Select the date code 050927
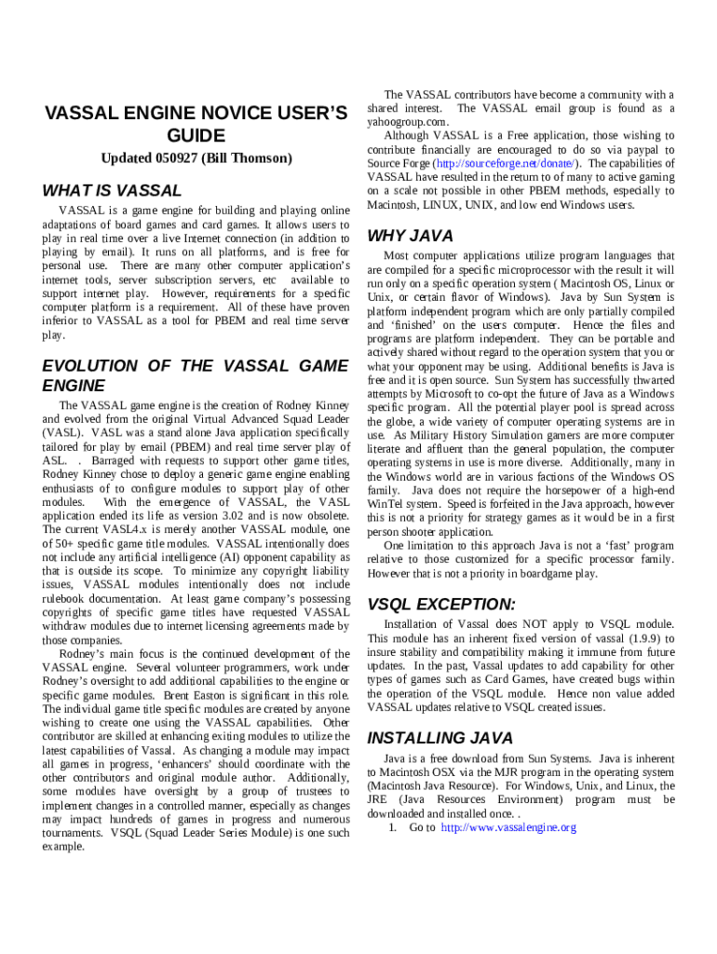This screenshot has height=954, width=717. click(x=172, y=158)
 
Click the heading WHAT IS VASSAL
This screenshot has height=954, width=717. click(x=112, y=191)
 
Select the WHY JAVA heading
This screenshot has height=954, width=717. click(x=411, y=236)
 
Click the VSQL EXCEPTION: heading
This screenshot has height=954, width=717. click(x=441, y=604)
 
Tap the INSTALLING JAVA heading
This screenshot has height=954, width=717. click(x=440, y=738)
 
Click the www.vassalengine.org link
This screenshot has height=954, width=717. click(x=508, y=827)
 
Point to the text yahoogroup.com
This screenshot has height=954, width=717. click(x=408, y=122)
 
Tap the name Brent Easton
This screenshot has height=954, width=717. click(x=168, y=695)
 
